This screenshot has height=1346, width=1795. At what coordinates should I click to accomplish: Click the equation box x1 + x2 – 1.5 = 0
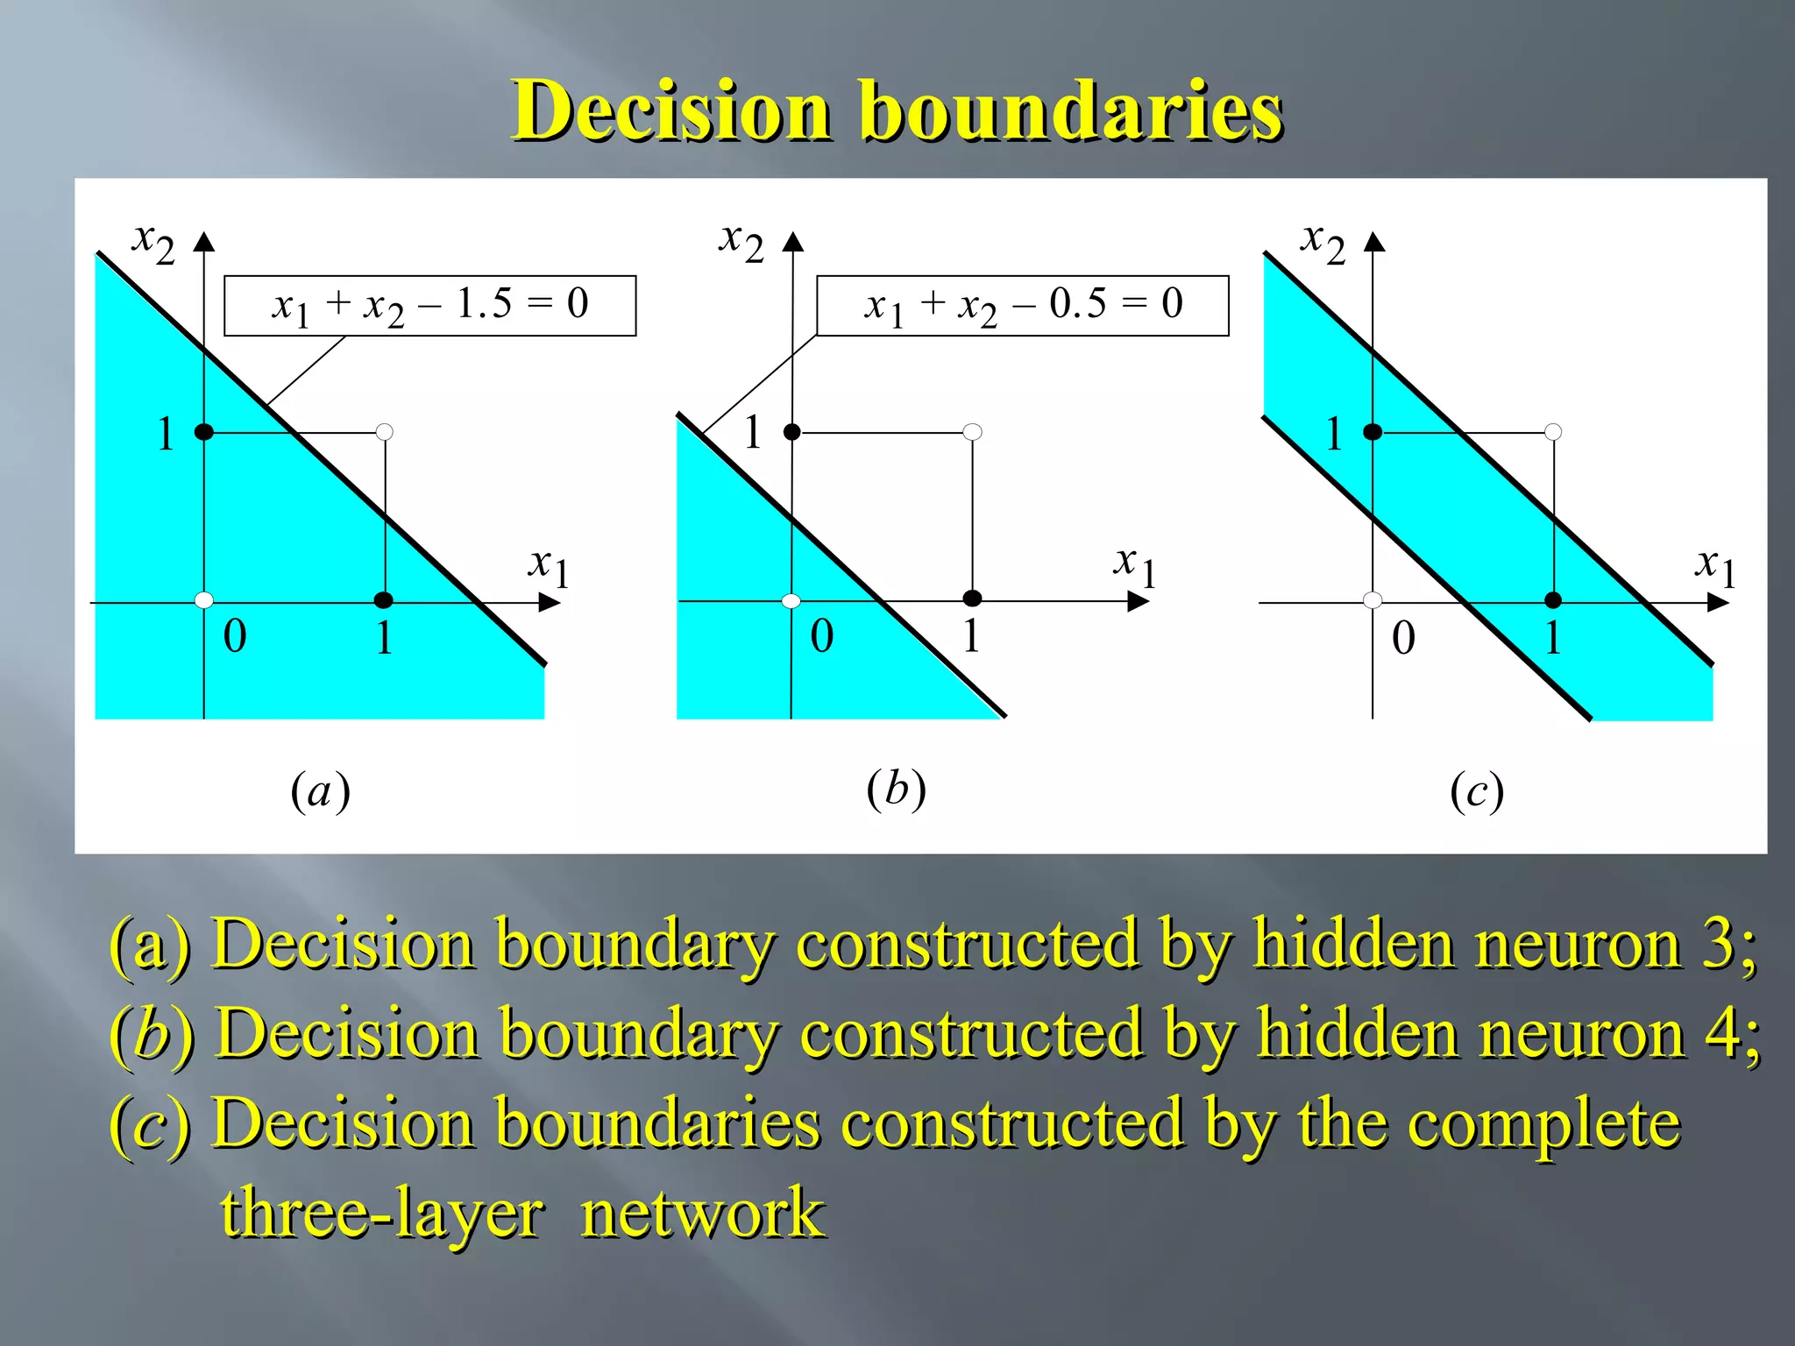tap(429, 306)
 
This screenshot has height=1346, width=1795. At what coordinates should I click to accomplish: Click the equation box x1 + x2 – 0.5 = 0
tap(1022, 306)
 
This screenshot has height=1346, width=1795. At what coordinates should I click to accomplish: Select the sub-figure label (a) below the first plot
tap(320, 791)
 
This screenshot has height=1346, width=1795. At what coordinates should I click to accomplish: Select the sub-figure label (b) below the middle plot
tap(896, 789)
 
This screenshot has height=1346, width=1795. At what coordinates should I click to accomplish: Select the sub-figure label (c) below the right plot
tap(1477, 791)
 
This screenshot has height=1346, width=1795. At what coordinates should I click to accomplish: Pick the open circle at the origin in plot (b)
tap(791, 600)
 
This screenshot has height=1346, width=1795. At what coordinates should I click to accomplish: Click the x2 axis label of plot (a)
tap(153, 241)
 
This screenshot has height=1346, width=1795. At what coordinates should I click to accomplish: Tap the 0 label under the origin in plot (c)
tap(1403, 637)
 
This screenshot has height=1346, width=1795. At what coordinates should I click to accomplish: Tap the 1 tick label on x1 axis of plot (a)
tap(383, 637)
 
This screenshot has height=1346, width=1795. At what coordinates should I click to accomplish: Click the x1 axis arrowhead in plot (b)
tap(1137, 601)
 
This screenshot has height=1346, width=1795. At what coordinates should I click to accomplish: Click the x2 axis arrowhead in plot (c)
tap(1374, 243)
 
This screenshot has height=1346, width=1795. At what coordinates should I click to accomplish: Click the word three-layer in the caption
tap(382, 1214)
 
